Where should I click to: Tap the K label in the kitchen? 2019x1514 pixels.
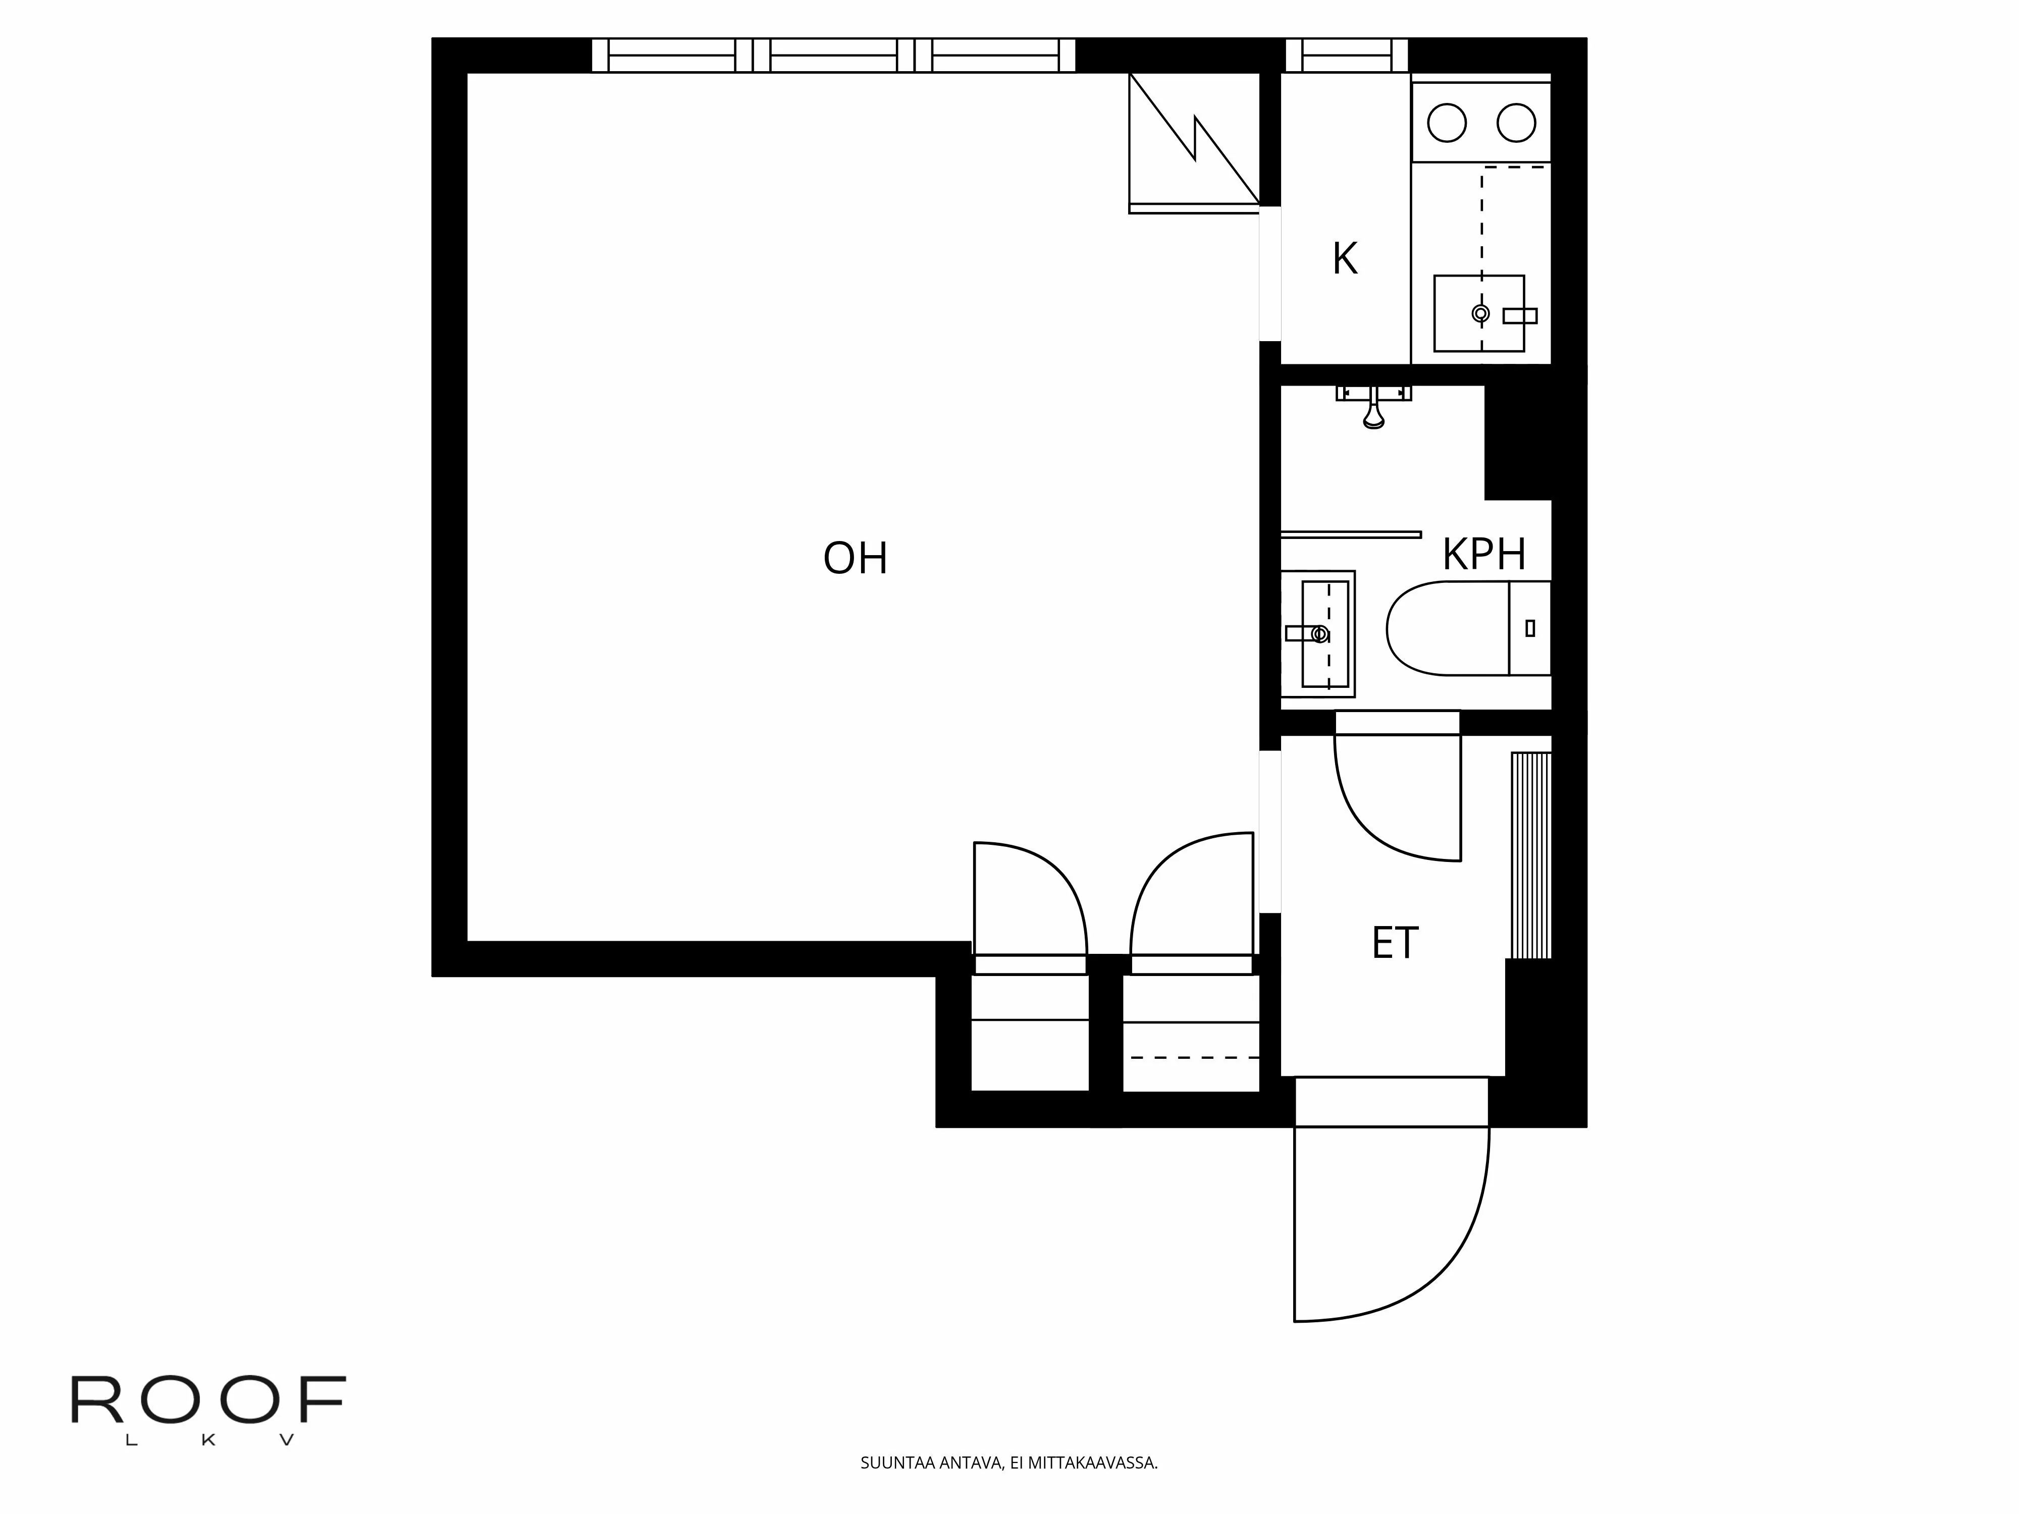coord(1345,259)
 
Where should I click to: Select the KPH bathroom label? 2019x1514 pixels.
coord(1484,554)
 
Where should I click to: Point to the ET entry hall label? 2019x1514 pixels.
coord(1395,944)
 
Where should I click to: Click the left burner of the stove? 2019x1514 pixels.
coord(1447,122)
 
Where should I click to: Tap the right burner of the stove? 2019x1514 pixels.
coord(1516,122)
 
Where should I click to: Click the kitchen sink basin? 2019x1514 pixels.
coord(1478,313)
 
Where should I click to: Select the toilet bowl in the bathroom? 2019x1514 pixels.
coord(1448,628)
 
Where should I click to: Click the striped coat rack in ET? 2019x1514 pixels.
coord(1531,855)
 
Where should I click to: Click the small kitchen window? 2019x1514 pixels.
coord(1347,55)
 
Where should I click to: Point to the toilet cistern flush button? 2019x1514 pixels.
coord(1530,628)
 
